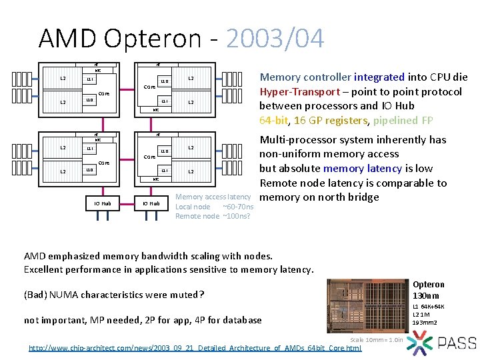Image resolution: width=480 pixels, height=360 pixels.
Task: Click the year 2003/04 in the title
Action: (275, 39)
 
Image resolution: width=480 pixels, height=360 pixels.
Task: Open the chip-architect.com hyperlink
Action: (195, 347)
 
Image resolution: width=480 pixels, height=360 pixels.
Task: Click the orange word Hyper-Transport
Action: (303, 91)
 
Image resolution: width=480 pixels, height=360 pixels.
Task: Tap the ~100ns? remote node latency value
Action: (236, 216)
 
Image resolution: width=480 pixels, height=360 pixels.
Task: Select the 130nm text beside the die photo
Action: (425, 295)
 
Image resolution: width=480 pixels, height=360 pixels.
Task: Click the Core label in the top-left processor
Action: (104, 94)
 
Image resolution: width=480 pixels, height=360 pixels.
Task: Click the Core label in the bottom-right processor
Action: (150, 157)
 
